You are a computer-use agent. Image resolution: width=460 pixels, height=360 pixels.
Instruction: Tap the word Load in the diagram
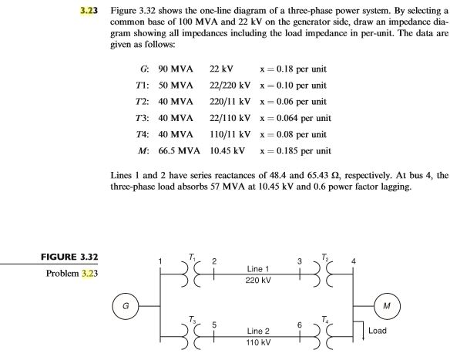377,331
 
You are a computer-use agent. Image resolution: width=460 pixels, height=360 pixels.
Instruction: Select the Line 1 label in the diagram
258,269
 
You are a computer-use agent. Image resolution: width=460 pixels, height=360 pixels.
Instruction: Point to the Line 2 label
258,330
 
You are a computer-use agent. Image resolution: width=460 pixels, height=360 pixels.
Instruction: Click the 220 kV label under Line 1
258,279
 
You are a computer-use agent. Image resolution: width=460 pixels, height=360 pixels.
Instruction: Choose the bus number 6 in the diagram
300,325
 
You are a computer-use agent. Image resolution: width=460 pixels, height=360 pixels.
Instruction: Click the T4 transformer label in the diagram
326,318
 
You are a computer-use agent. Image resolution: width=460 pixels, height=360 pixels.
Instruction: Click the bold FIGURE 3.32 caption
73,257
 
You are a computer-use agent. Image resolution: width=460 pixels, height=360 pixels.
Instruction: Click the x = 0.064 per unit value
296,118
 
